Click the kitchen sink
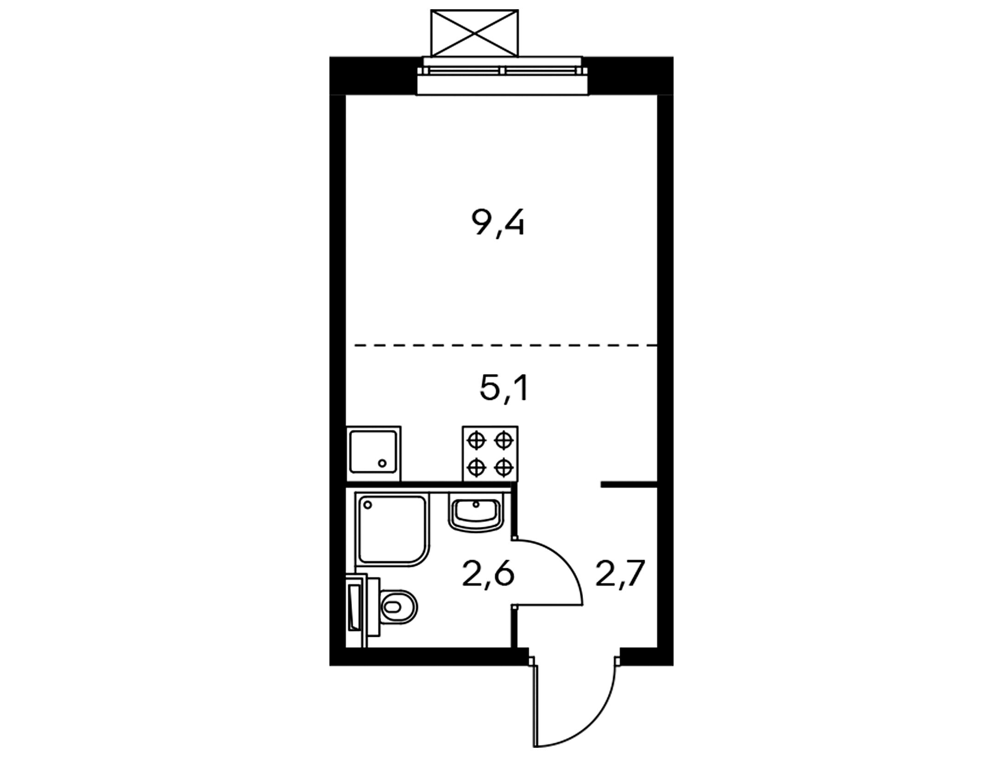point(373,453)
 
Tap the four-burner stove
point(490,454)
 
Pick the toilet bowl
point(398,607)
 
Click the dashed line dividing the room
point(505,345)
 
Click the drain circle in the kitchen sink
point(382,463)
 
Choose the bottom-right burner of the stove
point(504,468)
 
